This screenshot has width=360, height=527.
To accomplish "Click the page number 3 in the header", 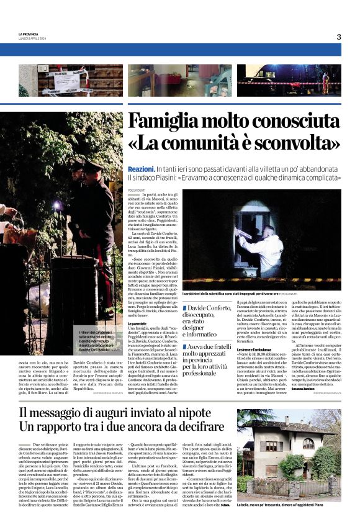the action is point(339,37).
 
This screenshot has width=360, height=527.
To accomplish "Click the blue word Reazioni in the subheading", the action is point(141,169).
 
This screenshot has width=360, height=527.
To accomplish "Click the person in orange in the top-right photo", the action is point(325,82).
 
